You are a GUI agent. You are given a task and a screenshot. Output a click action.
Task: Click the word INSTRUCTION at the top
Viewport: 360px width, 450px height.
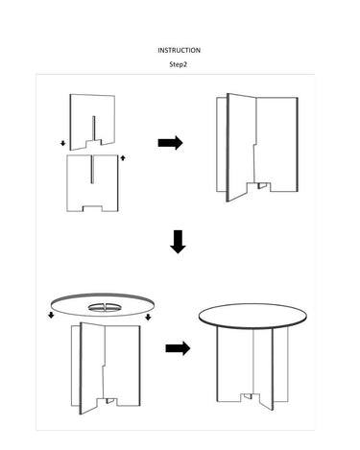pyautogui.click(x=179, y=50)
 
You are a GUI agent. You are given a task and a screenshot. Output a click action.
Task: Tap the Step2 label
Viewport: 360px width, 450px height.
pyautogui.click(x=178, y=64)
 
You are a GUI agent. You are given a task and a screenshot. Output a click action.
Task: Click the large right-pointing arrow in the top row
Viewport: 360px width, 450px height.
pyautogui.click(x=170, y=143)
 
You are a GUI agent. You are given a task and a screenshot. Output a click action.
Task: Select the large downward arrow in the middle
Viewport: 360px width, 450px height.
pyautogui.click(x=178, y=242)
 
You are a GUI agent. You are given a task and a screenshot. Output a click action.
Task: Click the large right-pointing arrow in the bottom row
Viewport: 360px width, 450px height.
pyautogui.click(x=178, y=348)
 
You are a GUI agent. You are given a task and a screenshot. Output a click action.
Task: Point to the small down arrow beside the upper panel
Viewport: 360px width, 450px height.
pyautogui.click(x=63, y=143)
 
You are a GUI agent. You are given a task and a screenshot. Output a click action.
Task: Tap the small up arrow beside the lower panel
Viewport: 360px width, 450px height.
pyautogui.click(x=123, y=157)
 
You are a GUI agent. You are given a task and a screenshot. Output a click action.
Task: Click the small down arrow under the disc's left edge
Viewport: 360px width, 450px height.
pyautogui.click(x=51, y=316)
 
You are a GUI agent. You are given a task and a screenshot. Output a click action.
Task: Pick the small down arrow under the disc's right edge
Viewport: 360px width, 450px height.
pyautogui.click(x=148, y=317)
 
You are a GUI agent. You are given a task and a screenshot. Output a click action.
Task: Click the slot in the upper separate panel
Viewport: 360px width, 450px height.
pyautogui.click(x=94, y=128)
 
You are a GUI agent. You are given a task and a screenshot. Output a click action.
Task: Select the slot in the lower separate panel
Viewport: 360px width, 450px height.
pyautogui.click(x=92, y=169)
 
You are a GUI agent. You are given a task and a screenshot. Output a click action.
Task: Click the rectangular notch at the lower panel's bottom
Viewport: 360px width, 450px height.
pyautogui.click(x=93, y=208)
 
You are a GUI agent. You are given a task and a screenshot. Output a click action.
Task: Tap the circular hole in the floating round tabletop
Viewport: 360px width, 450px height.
pyautogui.click(x=106, y=308)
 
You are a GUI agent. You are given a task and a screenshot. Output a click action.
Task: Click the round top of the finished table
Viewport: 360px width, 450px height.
pyautogui.click(x=252, y=316)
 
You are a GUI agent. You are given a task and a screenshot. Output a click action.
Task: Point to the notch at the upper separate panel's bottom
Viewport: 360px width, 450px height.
pyautogui.click(x=94, y=143)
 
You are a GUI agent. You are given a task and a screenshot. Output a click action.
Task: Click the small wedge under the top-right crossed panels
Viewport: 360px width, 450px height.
pyautogui.click(x=262, y=185)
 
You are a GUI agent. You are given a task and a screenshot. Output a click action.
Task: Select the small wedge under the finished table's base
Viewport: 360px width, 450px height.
pyautogui.click(x=248, y=396)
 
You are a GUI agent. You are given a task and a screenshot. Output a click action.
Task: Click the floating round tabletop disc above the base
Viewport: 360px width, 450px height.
pyautogui.click(x=103, y=305)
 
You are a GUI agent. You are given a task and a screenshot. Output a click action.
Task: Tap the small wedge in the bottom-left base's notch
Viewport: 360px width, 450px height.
pyautogui.click(x=110, y=400)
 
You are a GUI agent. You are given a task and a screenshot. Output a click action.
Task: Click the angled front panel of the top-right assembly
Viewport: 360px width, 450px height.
pyautogui.click(x=242, y=147)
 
